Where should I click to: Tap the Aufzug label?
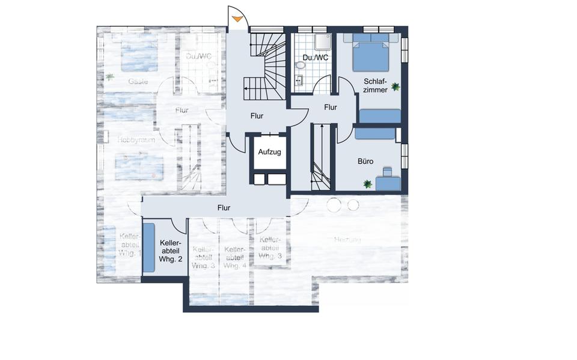tap(269, 153)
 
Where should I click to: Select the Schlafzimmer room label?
tap(375, 85)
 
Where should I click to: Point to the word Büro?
tap(365, 162)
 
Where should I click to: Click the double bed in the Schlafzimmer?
tap(370, 54)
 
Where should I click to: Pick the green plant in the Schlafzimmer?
tap(395, 87)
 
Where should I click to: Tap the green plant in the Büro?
tap(366, 184)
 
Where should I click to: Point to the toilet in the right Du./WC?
tap(299, 66)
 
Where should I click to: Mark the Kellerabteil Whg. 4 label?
tap(233, 257)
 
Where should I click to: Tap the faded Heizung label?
tap(347, 240)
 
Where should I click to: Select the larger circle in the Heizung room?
tap(333, 206)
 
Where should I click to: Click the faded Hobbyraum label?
tap(136, 139)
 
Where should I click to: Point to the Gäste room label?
tap(138, 81)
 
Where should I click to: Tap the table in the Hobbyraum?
tap(139, 166)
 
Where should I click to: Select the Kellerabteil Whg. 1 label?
tap(130, 245)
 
